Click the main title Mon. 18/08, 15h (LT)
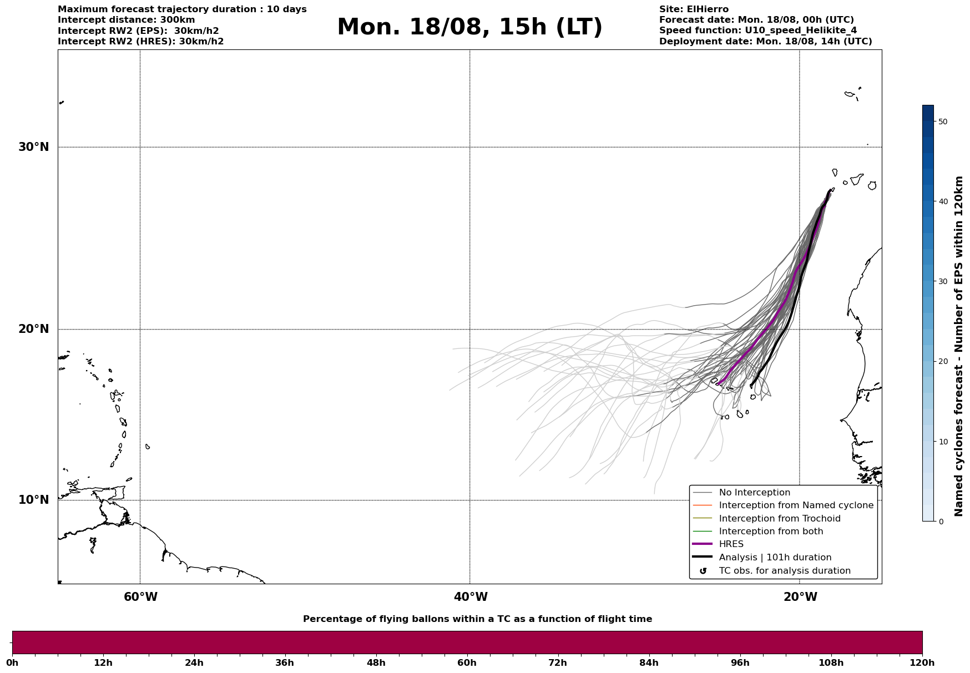469,27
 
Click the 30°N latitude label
34,147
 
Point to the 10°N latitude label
34,500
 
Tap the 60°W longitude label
140,597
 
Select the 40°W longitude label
471,597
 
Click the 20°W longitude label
800,597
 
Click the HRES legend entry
731,544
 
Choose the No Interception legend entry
754,493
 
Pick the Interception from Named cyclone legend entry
796,505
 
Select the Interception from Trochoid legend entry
779,519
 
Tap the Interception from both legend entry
771,532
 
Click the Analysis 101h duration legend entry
775,558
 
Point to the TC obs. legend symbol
703,571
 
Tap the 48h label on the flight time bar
376,663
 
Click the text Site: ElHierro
694,9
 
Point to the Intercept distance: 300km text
126,20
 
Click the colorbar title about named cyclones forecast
958,346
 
